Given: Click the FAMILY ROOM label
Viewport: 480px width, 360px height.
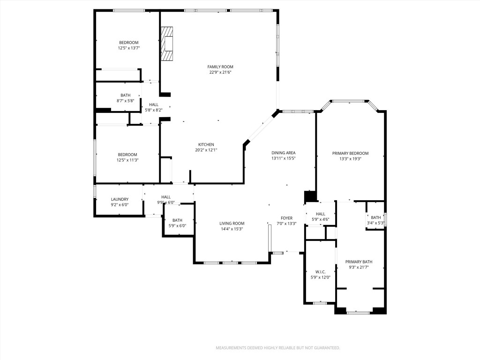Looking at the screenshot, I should click(220, 67).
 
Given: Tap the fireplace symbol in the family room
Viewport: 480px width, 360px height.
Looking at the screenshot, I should click(167, 44).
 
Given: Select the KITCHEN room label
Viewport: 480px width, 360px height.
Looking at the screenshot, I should click(206, 144).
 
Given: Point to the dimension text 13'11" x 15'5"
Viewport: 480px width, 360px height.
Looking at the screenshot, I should click(284, 158).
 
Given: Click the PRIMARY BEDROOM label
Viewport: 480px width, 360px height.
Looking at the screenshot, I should click(350, 153).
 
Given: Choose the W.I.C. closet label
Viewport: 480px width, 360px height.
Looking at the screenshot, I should click(321, 271).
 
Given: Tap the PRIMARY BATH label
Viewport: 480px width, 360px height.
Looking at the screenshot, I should click(359, 262).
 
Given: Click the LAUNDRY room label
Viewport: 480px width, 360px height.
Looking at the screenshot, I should click(120, 199).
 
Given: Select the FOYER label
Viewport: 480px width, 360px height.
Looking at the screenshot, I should click(286, 218).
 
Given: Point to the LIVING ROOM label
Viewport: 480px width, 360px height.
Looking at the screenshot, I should click(232, 223).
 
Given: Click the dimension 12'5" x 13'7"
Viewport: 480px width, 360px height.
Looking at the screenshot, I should click(129, 48).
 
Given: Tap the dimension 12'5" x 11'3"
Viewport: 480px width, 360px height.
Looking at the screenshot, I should click(127, 160).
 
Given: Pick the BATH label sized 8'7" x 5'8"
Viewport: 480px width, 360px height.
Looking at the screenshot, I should click(125, 95).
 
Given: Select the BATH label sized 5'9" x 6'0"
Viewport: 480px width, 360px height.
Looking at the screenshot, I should click(177, 220).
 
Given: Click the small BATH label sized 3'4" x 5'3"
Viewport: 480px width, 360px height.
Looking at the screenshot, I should click(376, 217).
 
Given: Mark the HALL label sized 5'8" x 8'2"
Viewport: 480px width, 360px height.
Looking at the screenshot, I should click(154, 105).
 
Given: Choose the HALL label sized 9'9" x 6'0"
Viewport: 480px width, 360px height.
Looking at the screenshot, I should click(166, 197).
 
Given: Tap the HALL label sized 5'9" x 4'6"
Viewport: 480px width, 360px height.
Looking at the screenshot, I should click(321, 214).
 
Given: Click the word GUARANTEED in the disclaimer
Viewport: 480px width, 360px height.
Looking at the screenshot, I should click(326, 348).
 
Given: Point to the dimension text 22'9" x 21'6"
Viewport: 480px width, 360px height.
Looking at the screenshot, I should click(220, 72).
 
